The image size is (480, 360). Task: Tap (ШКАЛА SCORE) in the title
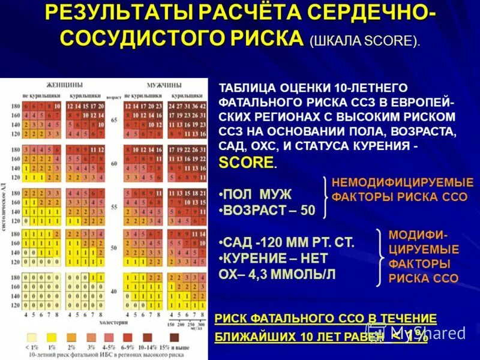pyautogui.click(x=365, y=41)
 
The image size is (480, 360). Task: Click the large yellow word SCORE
pyautogui.click(x=246, y=162)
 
